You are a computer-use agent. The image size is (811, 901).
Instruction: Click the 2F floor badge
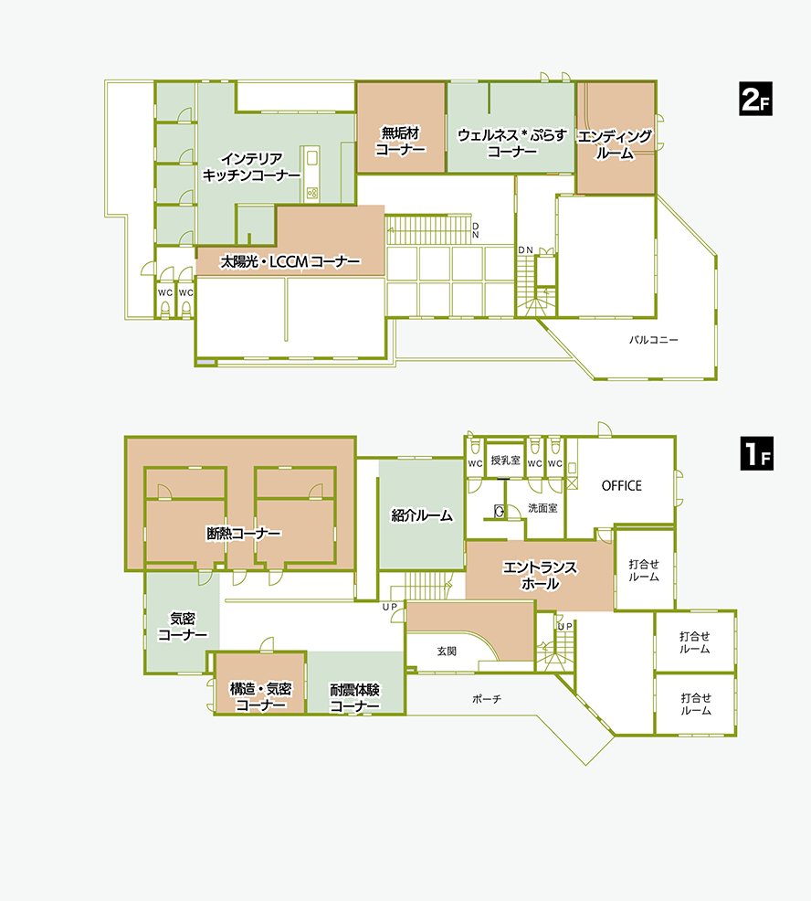coord(755,99)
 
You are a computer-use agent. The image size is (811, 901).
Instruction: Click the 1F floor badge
coord(756,453)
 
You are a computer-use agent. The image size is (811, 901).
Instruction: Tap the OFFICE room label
coord(621,485)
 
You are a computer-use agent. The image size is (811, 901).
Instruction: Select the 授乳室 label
coord(505,460)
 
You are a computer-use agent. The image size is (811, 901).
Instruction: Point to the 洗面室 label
coord(542,508)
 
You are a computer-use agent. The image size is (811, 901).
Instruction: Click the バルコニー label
coord(653,340)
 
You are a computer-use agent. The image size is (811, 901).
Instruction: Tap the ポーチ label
coord(487,699)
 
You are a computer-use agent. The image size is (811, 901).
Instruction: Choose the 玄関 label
coord(447,651)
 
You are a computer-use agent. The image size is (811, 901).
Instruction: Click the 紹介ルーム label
coord(422,515)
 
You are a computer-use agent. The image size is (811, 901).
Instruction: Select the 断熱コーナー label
coord(244,534)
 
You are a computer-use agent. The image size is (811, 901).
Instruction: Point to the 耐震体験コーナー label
coord(354,697)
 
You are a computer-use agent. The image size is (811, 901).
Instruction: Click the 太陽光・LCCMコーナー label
coord(290,262)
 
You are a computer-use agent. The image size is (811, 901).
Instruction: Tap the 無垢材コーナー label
coord(400,142)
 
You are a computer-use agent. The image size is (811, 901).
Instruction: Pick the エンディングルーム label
coord(615,144)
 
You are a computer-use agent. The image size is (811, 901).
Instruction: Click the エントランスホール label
coord(540,576)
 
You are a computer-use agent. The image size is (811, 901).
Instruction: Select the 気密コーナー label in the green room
coord(183,627)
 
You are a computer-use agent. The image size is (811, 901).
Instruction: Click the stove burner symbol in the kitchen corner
coord(311,193)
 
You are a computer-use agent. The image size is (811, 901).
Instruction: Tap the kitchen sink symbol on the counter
coord(311,157)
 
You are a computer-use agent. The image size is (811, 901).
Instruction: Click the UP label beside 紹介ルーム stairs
coord(390,607)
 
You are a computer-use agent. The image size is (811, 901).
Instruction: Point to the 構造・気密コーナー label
coord(261,697)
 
